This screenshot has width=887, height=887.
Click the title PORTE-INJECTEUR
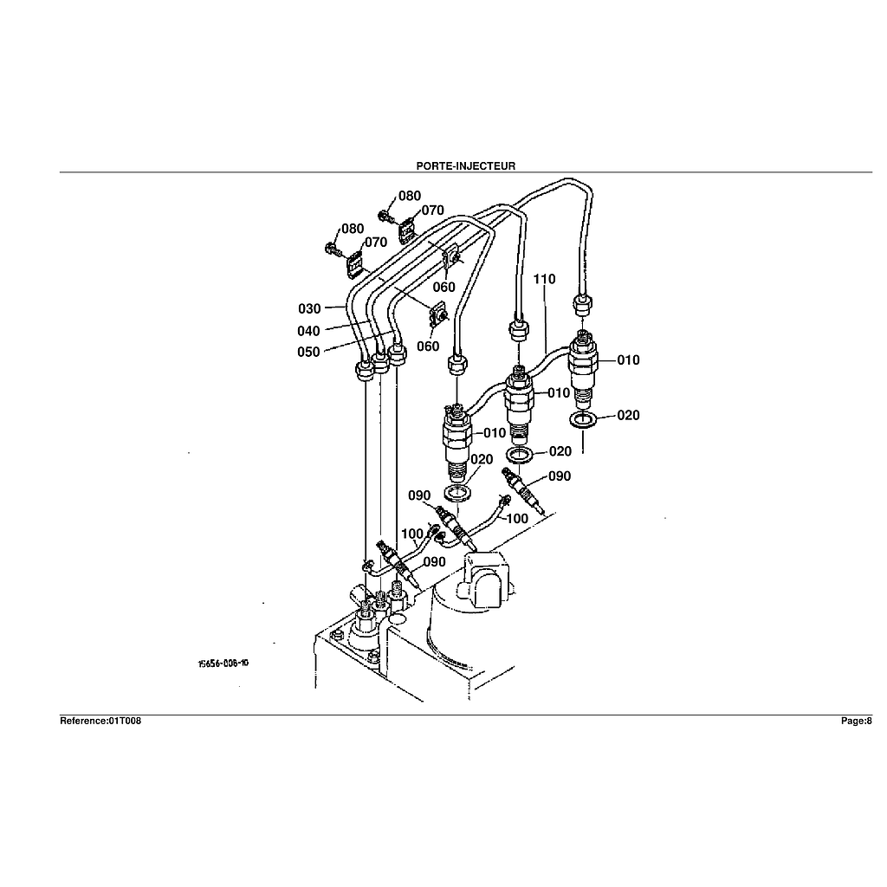[465, 165]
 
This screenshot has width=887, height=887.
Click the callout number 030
[309, 308]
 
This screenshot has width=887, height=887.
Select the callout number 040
[309, 331]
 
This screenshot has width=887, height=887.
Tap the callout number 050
[309, 352]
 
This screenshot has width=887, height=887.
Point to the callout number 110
[545, 279]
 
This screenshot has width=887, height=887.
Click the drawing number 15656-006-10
[223, 664]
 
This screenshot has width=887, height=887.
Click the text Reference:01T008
[100, 721]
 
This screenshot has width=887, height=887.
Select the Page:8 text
[857, 721]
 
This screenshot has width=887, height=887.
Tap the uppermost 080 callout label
[410, 196]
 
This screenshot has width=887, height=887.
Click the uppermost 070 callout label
[432, 210]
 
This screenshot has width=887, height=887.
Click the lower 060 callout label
[427, 346]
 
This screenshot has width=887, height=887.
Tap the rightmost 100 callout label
[517, 518]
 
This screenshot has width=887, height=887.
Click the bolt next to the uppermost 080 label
[384, 214]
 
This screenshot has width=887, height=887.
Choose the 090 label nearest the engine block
[434, 562]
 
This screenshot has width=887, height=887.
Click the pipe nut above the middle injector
[517, 329]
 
